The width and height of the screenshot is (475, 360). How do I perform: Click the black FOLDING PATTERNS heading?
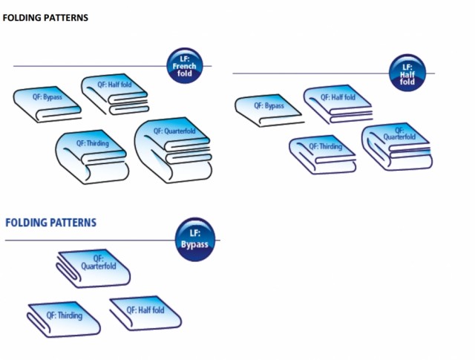tap(46, 18)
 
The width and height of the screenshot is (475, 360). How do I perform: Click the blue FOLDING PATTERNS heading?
tap(51, 223)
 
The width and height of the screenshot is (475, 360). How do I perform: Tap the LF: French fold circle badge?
tap(183, 67)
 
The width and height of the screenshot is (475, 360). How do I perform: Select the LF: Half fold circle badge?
tap(407, 73)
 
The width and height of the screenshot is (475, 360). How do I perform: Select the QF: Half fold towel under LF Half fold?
tap(337, 103)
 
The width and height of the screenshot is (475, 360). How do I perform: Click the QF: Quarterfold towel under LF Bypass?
tap(93, 268)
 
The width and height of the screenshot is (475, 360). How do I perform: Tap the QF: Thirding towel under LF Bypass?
tap(65, 318)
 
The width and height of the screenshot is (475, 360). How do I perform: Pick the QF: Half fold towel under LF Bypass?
tap(145, 313)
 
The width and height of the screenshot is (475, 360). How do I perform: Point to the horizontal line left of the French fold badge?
tap(89, 66)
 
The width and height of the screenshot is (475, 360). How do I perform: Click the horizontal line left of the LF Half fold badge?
tap(312, 73)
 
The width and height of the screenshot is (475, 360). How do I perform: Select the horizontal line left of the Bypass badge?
tap(89, 240)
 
